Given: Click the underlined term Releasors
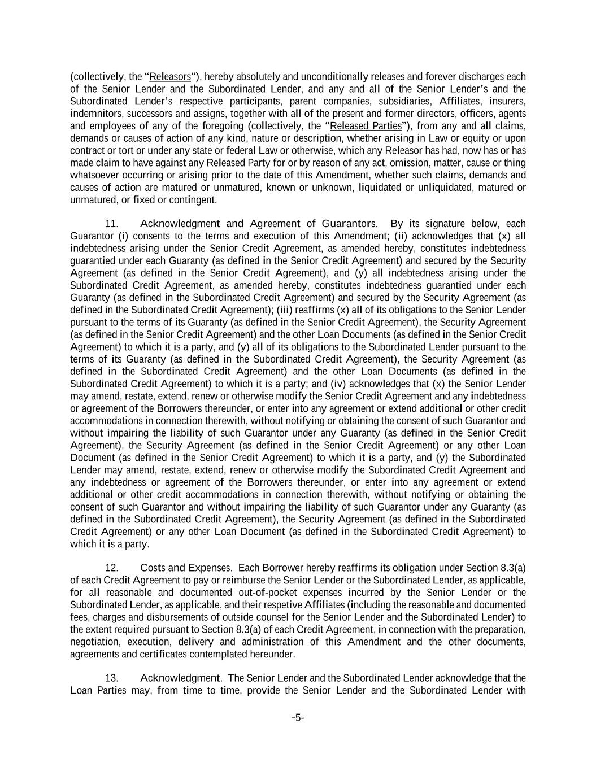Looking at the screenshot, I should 170,77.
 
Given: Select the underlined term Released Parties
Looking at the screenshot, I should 365,126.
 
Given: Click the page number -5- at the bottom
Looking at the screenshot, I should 298,718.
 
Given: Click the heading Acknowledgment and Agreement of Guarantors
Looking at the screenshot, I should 258,224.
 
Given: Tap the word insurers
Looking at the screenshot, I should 507,102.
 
